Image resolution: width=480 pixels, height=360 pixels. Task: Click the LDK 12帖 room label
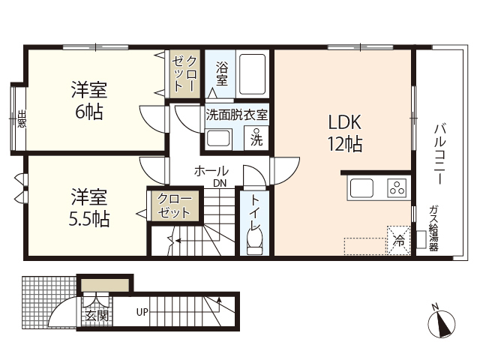[345, 133]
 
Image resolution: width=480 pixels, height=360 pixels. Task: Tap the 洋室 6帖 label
[88, 102]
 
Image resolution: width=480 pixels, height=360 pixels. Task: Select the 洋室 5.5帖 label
[90, 208]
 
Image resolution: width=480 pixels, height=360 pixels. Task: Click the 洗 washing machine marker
[256, 138]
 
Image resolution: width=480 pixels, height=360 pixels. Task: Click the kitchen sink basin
[361, 189]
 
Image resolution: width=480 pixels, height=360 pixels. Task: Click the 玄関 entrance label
[97, 315]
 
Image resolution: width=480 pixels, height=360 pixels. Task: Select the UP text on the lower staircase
[142, 312]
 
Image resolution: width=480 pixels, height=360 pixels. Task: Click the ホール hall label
[211, 171]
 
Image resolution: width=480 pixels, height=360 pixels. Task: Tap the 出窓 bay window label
[21, 119]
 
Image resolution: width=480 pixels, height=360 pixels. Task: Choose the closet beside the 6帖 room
[184, 73]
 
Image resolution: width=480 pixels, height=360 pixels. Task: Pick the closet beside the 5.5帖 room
[174, 206]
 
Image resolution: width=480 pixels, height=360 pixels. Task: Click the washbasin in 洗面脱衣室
[218, 138]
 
